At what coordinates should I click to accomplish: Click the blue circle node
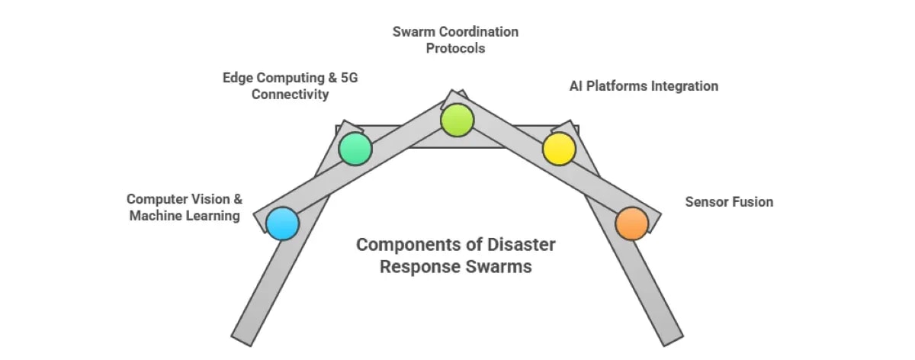coord(282,223)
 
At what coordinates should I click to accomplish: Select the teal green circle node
coord(355,149)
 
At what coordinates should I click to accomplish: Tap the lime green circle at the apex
coord(457,120)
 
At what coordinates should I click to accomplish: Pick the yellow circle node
coord(558,149)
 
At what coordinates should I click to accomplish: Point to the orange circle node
coord(631,223)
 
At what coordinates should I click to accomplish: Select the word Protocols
coord(456,48)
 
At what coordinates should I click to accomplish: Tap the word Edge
coord(237,78)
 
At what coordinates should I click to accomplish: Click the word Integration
coord(684,86)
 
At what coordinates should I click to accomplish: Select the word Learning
coord(212,216)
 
